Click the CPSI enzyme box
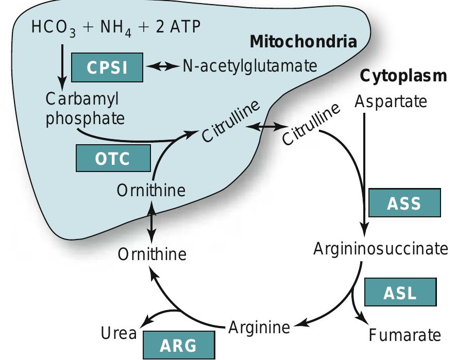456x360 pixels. click(x=107, y=67)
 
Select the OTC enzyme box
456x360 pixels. click(x=113, y=158)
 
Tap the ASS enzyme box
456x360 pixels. click(x=404, y=203)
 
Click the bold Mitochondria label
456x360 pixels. click(x=303, y=42)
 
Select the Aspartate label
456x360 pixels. click(x=391, y=101)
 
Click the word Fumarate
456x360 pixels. click(x=405, y=335)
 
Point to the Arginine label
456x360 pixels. click(x=259, y=327)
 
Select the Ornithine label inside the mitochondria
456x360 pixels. click(x=151, y=191)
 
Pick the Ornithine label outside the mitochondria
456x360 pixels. click(x=152, y=254)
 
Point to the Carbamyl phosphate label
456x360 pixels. click(x=85, y=108)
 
